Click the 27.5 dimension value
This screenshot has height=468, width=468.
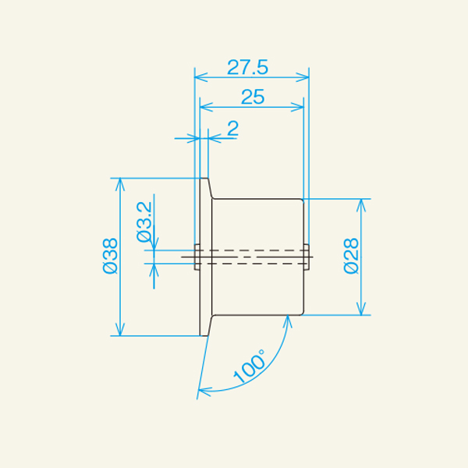coord(247,67)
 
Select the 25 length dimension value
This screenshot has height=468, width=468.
coord(252,97)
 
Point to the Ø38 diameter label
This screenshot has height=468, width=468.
coord(109,256)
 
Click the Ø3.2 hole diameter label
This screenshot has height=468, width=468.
coord(144,222)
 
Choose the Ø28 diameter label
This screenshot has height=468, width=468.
coord(350,256)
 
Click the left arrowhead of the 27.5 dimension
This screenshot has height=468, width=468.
coord(199,77)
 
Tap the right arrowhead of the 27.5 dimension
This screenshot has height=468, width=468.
coord(304,77)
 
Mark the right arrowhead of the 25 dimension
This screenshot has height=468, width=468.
coord(298,108)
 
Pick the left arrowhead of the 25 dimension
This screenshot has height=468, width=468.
coord(205,108)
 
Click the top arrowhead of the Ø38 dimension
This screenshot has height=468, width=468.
coord(119,183)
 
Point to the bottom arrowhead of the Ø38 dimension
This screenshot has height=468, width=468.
coord(119,331)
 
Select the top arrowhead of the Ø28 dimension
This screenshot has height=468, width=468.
coord(361,204)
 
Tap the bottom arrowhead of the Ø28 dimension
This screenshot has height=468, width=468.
coord(361,310)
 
